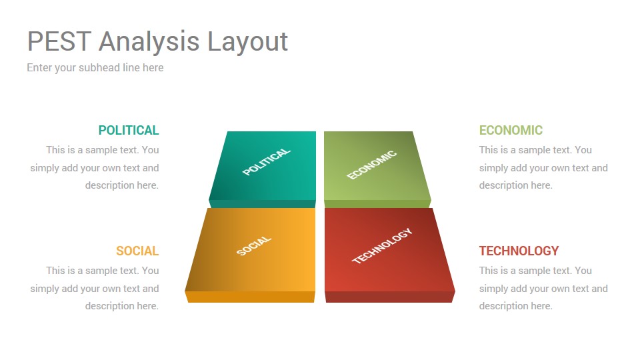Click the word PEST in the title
(59, 41)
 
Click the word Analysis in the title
(149, 41)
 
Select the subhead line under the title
(95, 68)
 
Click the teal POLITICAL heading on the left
(129, 130)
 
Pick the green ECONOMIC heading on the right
(511, 130)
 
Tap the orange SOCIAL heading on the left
(137, 251)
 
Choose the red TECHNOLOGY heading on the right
(519, 251)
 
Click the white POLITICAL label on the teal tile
(267, 161)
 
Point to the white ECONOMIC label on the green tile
(372, 165)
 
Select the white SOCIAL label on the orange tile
(254, 246)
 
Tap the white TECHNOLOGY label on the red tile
(382, 246)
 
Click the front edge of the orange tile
(250, 297)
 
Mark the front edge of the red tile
(390, 297)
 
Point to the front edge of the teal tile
(263, 204)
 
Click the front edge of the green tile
(377, 204)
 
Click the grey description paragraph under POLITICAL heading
(94, 168)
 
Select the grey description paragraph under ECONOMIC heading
(543, 168)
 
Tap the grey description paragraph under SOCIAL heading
(94, 288)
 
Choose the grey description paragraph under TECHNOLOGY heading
(543, 288)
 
